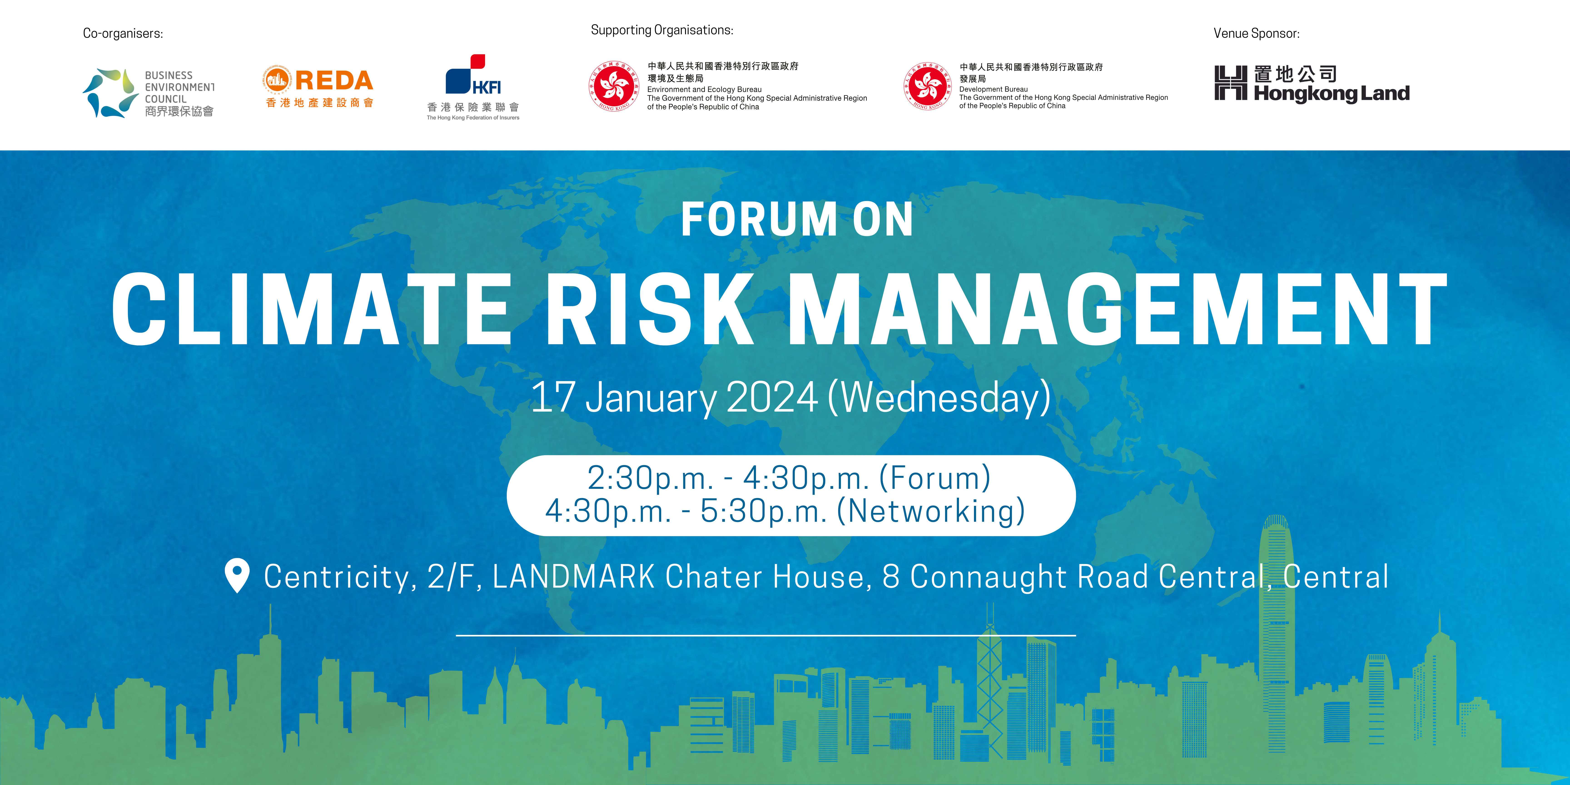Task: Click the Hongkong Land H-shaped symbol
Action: [x=1230, y=83]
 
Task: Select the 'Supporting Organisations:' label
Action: [x=662, y=30]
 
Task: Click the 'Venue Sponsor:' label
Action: [x=1256, y=34]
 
